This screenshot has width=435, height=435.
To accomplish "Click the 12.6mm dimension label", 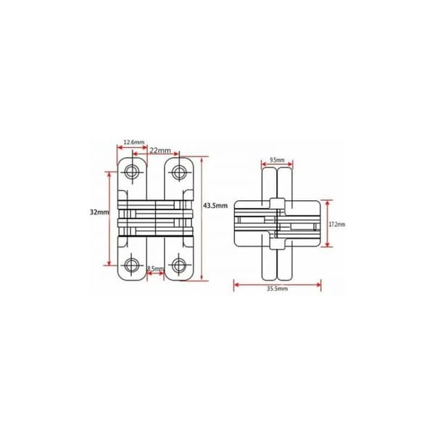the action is tap(134, 142).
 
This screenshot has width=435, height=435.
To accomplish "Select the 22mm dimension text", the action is tap(160, 151).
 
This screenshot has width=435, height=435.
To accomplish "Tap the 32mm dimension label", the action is tap(99, 212).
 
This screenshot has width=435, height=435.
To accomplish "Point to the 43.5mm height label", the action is tap(215, 206).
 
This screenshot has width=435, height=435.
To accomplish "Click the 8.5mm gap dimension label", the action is tap(155, 268).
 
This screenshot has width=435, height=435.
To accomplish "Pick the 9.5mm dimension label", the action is tap(277, 160).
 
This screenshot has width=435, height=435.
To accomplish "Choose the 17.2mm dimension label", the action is tap(337, 224).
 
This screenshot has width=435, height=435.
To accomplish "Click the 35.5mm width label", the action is tap(277, 289).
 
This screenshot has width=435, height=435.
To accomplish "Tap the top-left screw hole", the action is tap(132, 172).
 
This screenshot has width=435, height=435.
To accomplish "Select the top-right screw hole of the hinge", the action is tap(179, 172).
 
